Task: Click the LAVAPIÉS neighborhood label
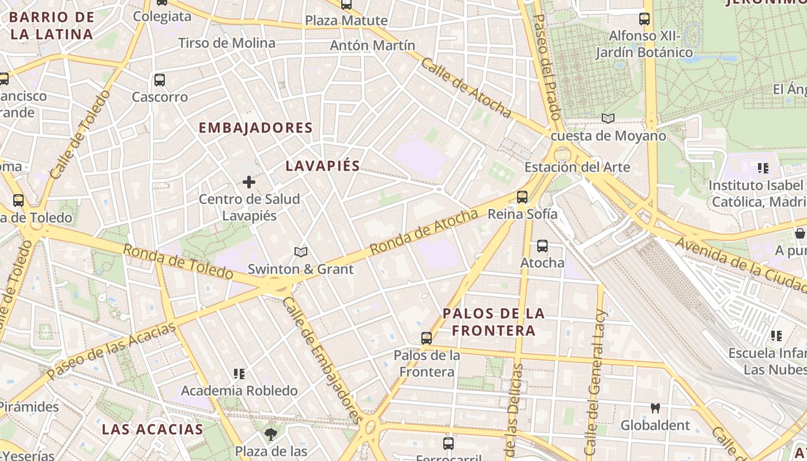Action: pos(323,166)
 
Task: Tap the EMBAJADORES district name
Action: pos(255,128)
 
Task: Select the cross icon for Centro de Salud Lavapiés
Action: pos(249,183)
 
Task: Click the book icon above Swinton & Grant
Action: pos(300,252)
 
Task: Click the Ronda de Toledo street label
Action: pos(178,261)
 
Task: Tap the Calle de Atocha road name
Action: pos(466,88)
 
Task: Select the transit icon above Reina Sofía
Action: pos(522,197)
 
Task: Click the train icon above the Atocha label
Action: pos(542,246)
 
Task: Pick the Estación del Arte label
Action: pos(577,167)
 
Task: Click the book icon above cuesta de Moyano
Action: pos(608,119)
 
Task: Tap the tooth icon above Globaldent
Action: pos(655,409)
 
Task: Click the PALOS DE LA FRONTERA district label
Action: pos(493,322)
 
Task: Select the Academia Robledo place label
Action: pos(239,391)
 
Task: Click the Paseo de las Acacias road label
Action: pos(111,352)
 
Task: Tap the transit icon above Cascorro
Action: pos(160,80)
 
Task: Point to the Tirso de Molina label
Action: pos(227,43)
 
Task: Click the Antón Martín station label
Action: pos(372,46)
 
